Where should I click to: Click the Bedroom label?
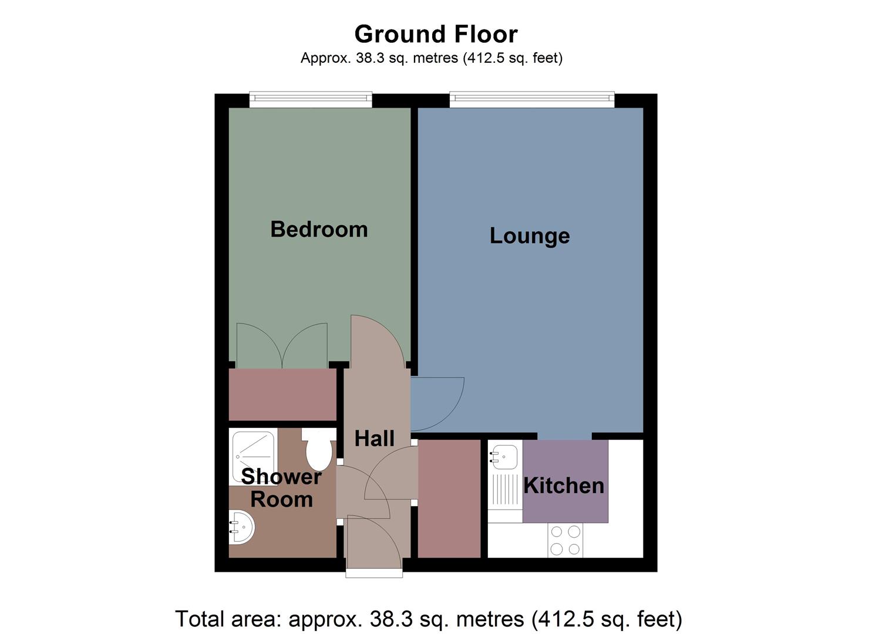(x=319, y=229)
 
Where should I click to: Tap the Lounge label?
(x=530, y=235)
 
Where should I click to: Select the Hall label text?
(x=375, y=439)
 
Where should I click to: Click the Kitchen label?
(x=564, y=485)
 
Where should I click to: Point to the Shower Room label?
(x=281, y=488)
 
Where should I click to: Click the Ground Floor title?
(x=436, y=34)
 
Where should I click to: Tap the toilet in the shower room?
(x=319, y=451)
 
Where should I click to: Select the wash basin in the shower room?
(x=241, y=527)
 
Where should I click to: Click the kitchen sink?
(x=504, y=456)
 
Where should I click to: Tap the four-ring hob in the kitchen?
(x=565, y=540)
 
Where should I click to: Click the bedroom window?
(x=311, y=99)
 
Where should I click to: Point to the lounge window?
(x=532, y=99)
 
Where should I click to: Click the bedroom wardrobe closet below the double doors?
(x=282, y=394)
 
